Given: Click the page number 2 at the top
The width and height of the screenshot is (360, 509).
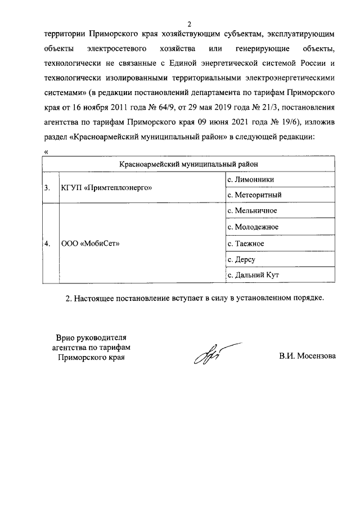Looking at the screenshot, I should pos(190,24).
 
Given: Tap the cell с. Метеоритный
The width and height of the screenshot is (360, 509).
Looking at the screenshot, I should pos(253,195).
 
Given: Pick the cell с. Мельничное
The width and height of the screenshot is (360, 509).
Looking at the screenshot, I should pos(251,211).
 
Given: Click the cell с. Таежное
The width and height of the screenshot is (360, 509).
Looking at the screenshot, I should pos(246,244).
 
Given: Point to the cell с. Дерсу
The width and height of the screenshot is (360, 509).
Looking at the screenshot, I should pos(241,259).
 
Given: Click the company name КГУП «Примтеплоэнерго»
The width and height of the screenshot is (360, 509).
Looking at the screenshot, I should pos(106,187).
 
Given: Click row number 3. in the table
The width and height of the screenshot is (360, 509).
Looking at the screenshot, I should pos(48,187).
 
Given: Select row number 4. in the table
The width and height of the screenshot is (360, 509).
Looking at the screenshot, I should pos(48,244).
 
